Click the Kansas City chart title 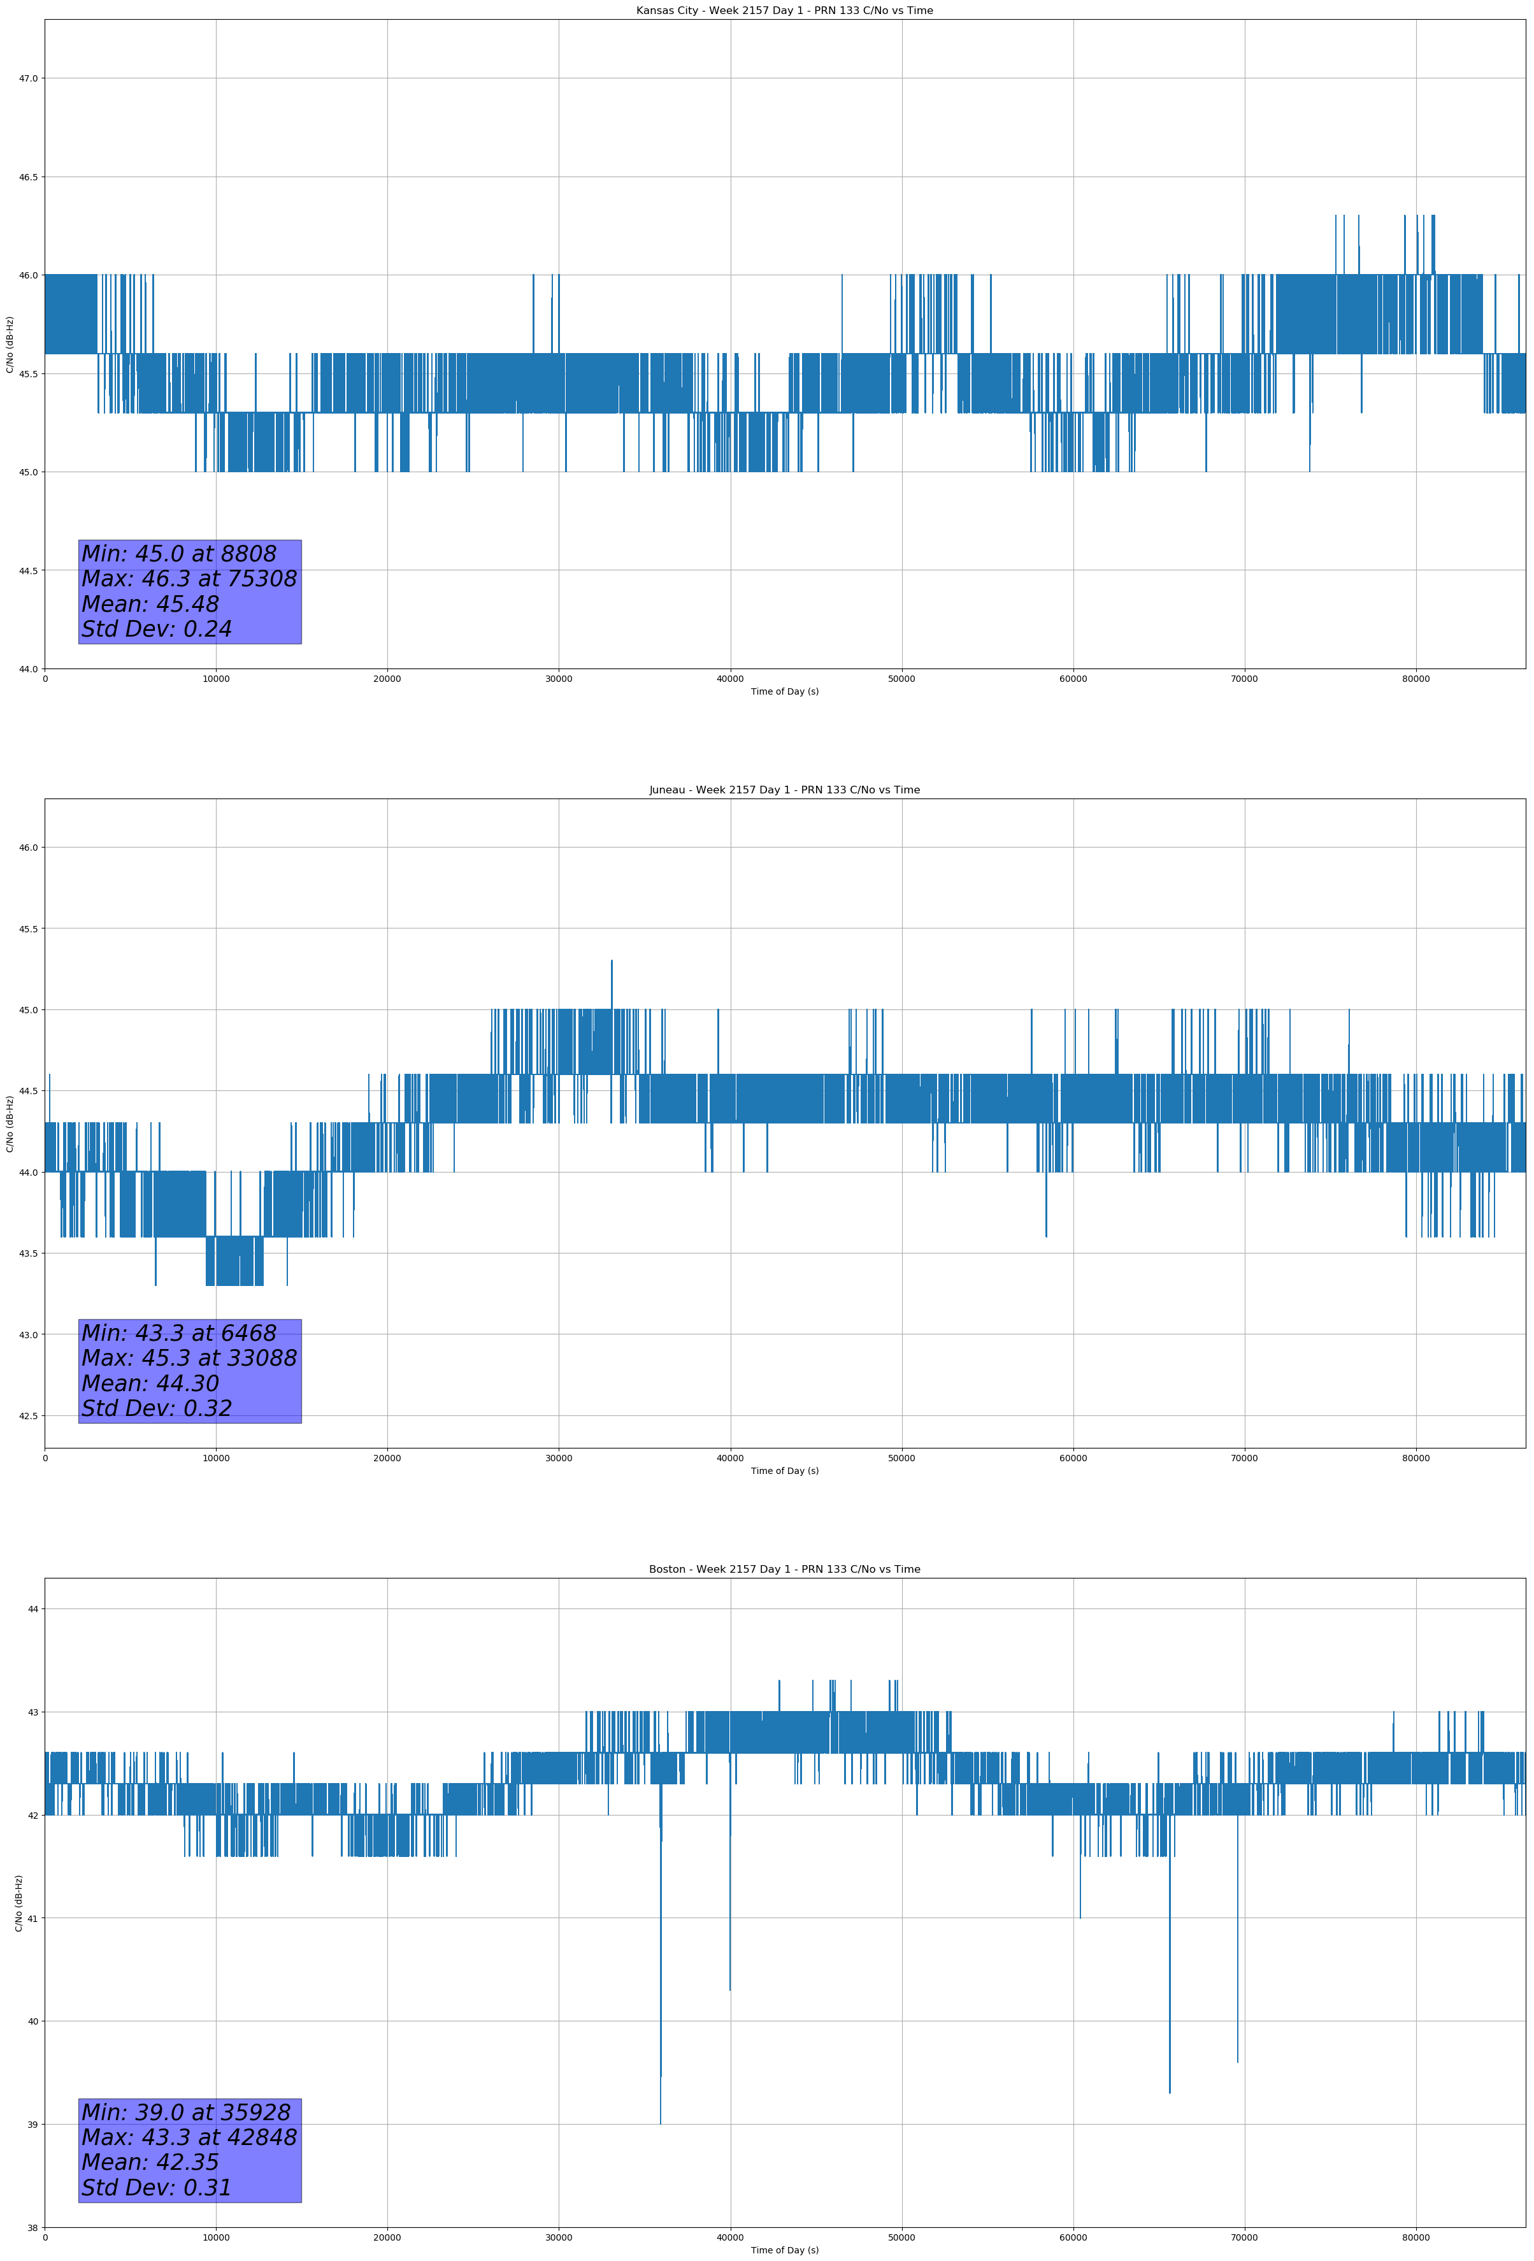[x=784, y=11]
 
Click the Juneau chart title [x=784, y=790]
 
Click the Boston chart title [x=784, y=1570]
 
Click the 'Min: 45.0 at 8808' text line [x=179, y=554]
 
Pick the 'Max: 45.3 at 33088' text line [x=189, y=1358]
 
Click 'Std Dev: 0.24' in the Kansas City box [x=157, y=630]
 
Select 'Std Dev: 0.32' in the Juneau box [x=157, y=1409]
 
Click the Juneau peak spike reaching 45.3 [x=612, y=963]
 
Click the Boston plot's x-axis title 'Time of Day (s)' [x=784, y=2250]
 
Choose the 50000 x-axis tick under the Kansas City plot [x=901, y=679]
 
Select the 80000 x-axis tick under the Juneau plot [x=1416, y=1458]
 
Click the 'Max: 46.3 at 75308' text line [x=189, y=579]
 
